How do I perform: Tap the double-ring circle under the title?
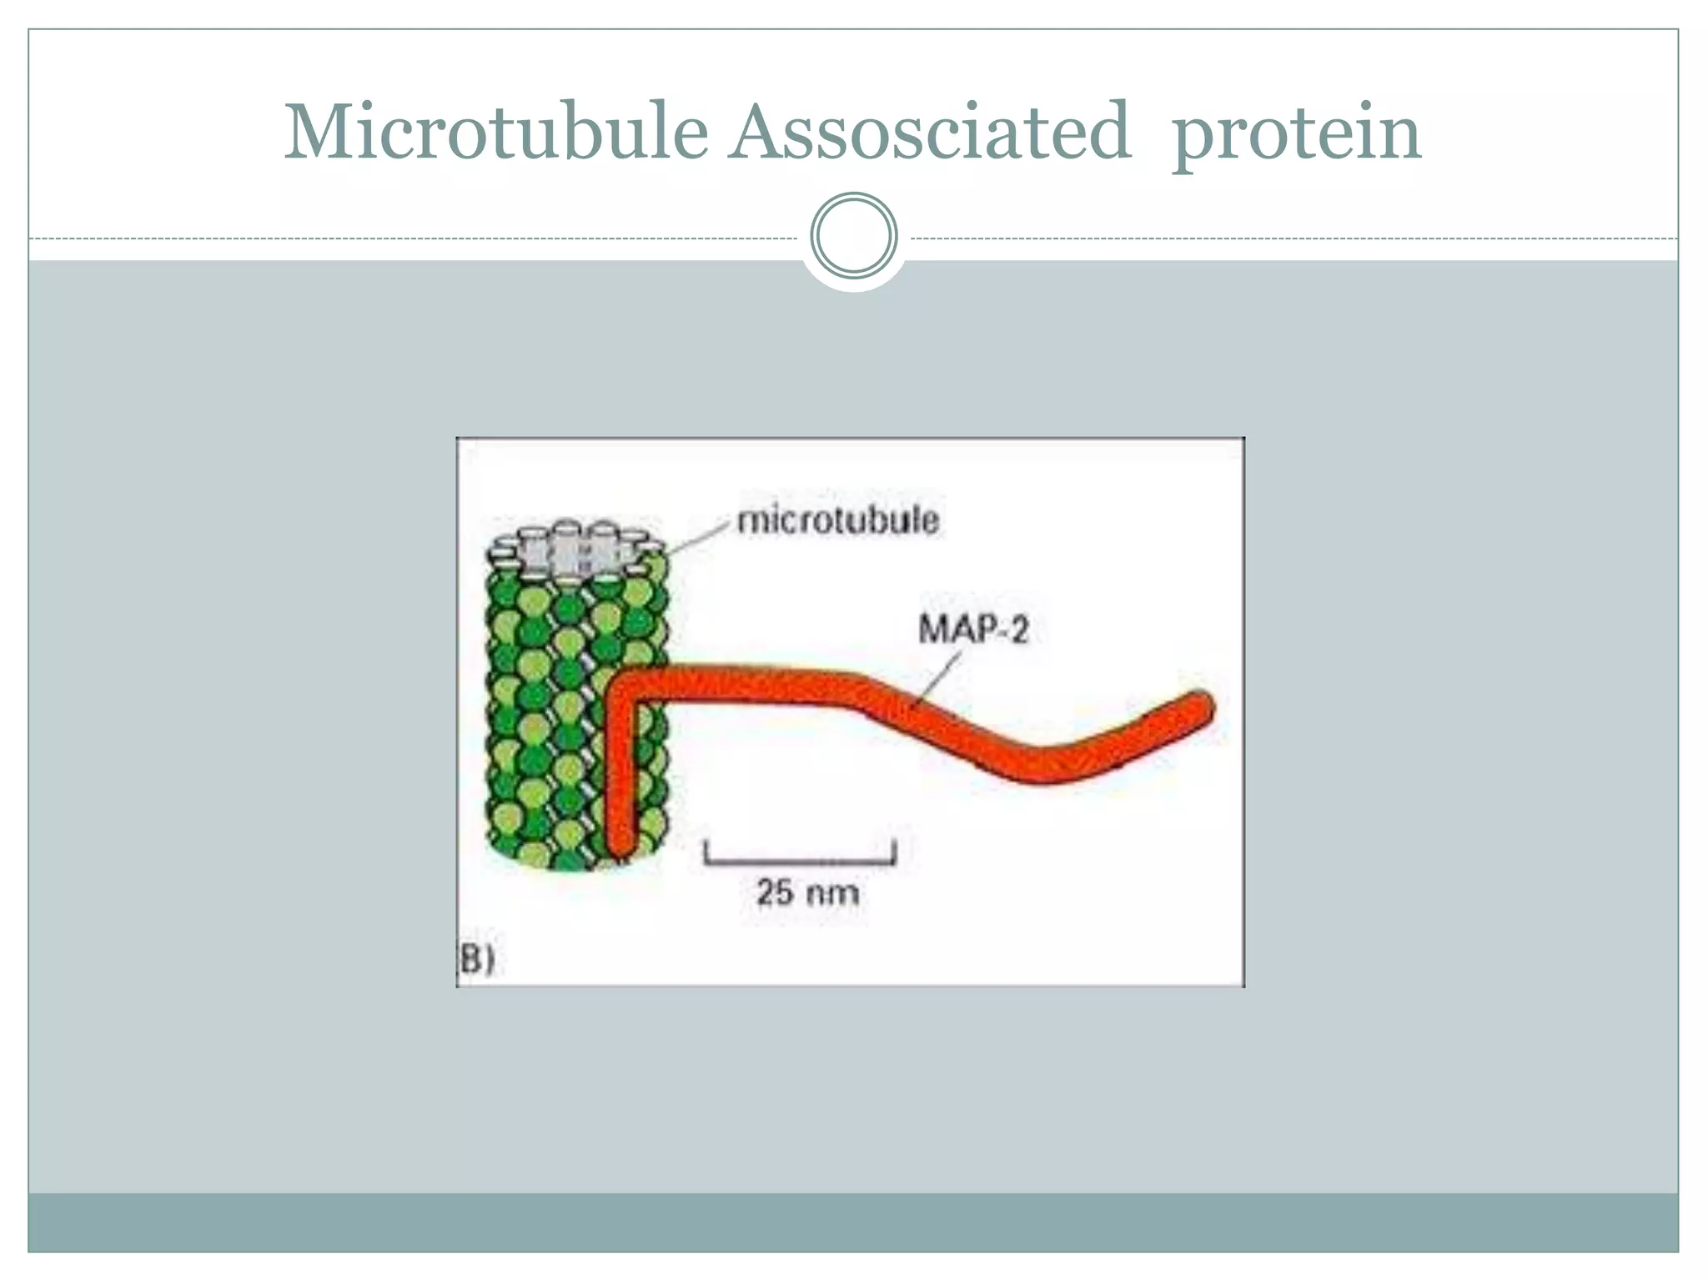854,235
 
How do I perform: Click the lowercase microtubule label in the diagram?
838,520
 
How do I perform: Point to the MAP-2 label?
973,629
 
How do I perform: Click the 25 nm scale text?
806,892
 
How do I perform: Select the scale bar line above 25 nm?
801,860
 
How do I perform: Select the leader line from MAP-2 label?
938,680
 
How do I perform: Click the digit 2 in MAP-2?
1018,629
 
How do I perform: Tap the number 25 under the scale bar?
776,892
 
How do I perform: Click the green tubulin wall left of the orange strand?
542,709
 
